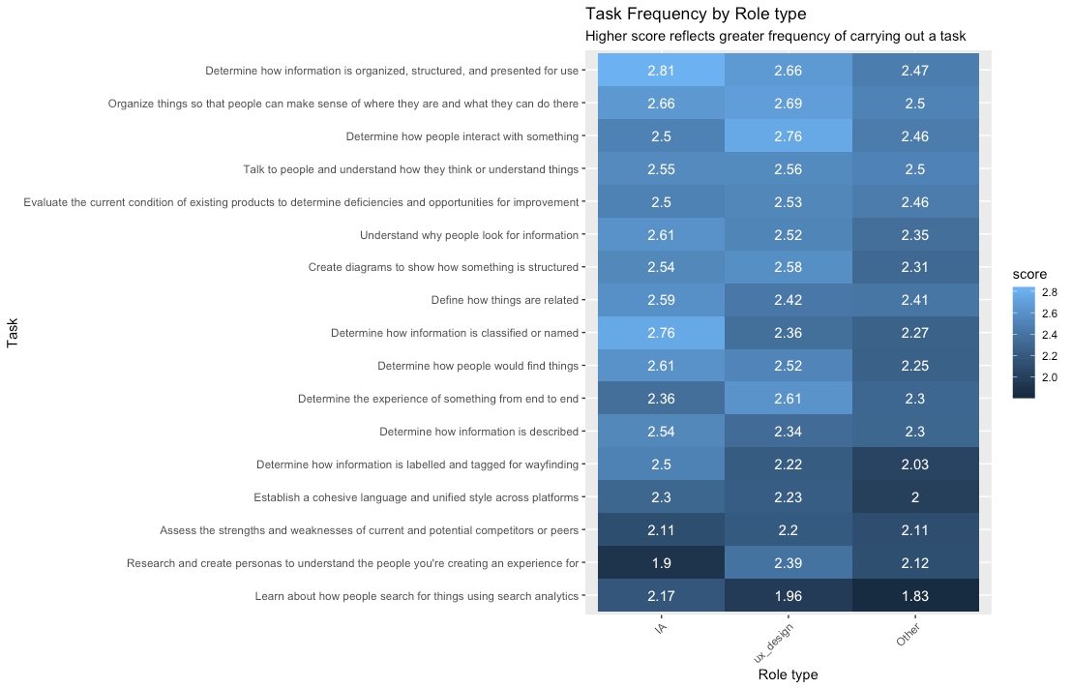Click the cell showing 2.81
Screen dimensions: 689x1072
661,71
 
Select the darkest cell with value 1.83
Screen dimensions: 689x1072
914,596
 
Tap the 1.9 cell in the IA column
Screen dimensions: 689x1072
661,563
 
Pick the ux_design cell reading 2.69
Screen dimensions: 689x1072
788,104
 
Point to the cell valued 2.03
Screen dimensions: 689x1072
914,464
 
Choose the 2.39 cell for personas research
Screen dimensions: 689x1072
788,563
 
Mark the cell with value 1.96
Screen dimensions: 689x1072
788,596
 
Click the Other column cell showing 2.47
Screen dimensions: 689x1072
914,71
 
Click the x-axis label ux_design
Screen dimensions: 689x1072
775,641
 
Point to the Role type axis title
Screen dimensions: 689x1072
788,674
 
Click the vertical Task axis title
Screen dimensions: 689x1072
13,333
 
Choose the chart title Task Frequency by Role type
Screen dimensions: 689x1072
696,15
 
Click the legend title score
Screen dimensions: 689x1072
1029,275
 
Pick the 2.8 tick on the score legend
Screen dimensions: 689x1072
1049,291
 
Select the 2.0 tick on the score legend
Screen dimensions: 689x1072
1049,376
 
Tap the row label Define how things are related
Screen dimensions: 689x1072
504,300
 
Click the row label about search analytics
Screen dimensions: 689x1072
416,596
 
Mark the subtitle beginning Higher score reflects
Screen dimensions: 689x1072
775,37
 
